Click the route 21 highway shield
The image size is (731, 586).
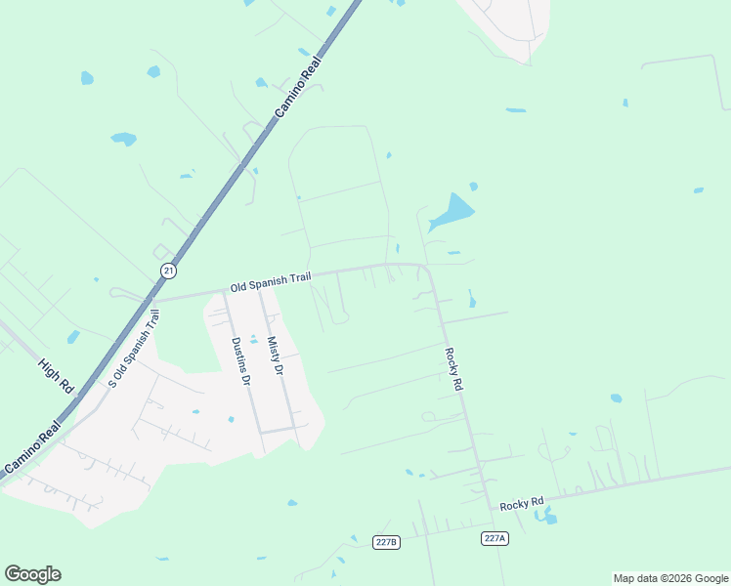point(168,270)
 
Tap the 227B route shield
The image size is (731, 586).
point(386,541)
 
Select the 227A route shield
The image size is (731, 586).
point(494,538)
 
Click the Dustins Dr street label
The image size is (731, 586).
point(239,360)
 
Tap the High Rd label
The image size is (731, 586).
point(57,376)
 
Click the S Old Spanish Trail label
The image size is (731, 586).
point(134,350)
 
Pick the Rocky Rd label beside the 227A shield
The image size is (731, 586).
point(521,504)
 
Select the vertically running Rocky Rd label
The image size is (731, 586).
point(452,369)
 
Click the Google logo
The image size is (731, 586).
point(32,573)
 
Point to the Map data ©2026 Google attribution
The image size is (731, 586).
point(670,578)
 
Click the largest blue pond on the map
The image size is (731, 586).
point(453,210)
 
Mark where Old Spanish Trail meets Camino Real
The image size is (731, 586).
point(153,297)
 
